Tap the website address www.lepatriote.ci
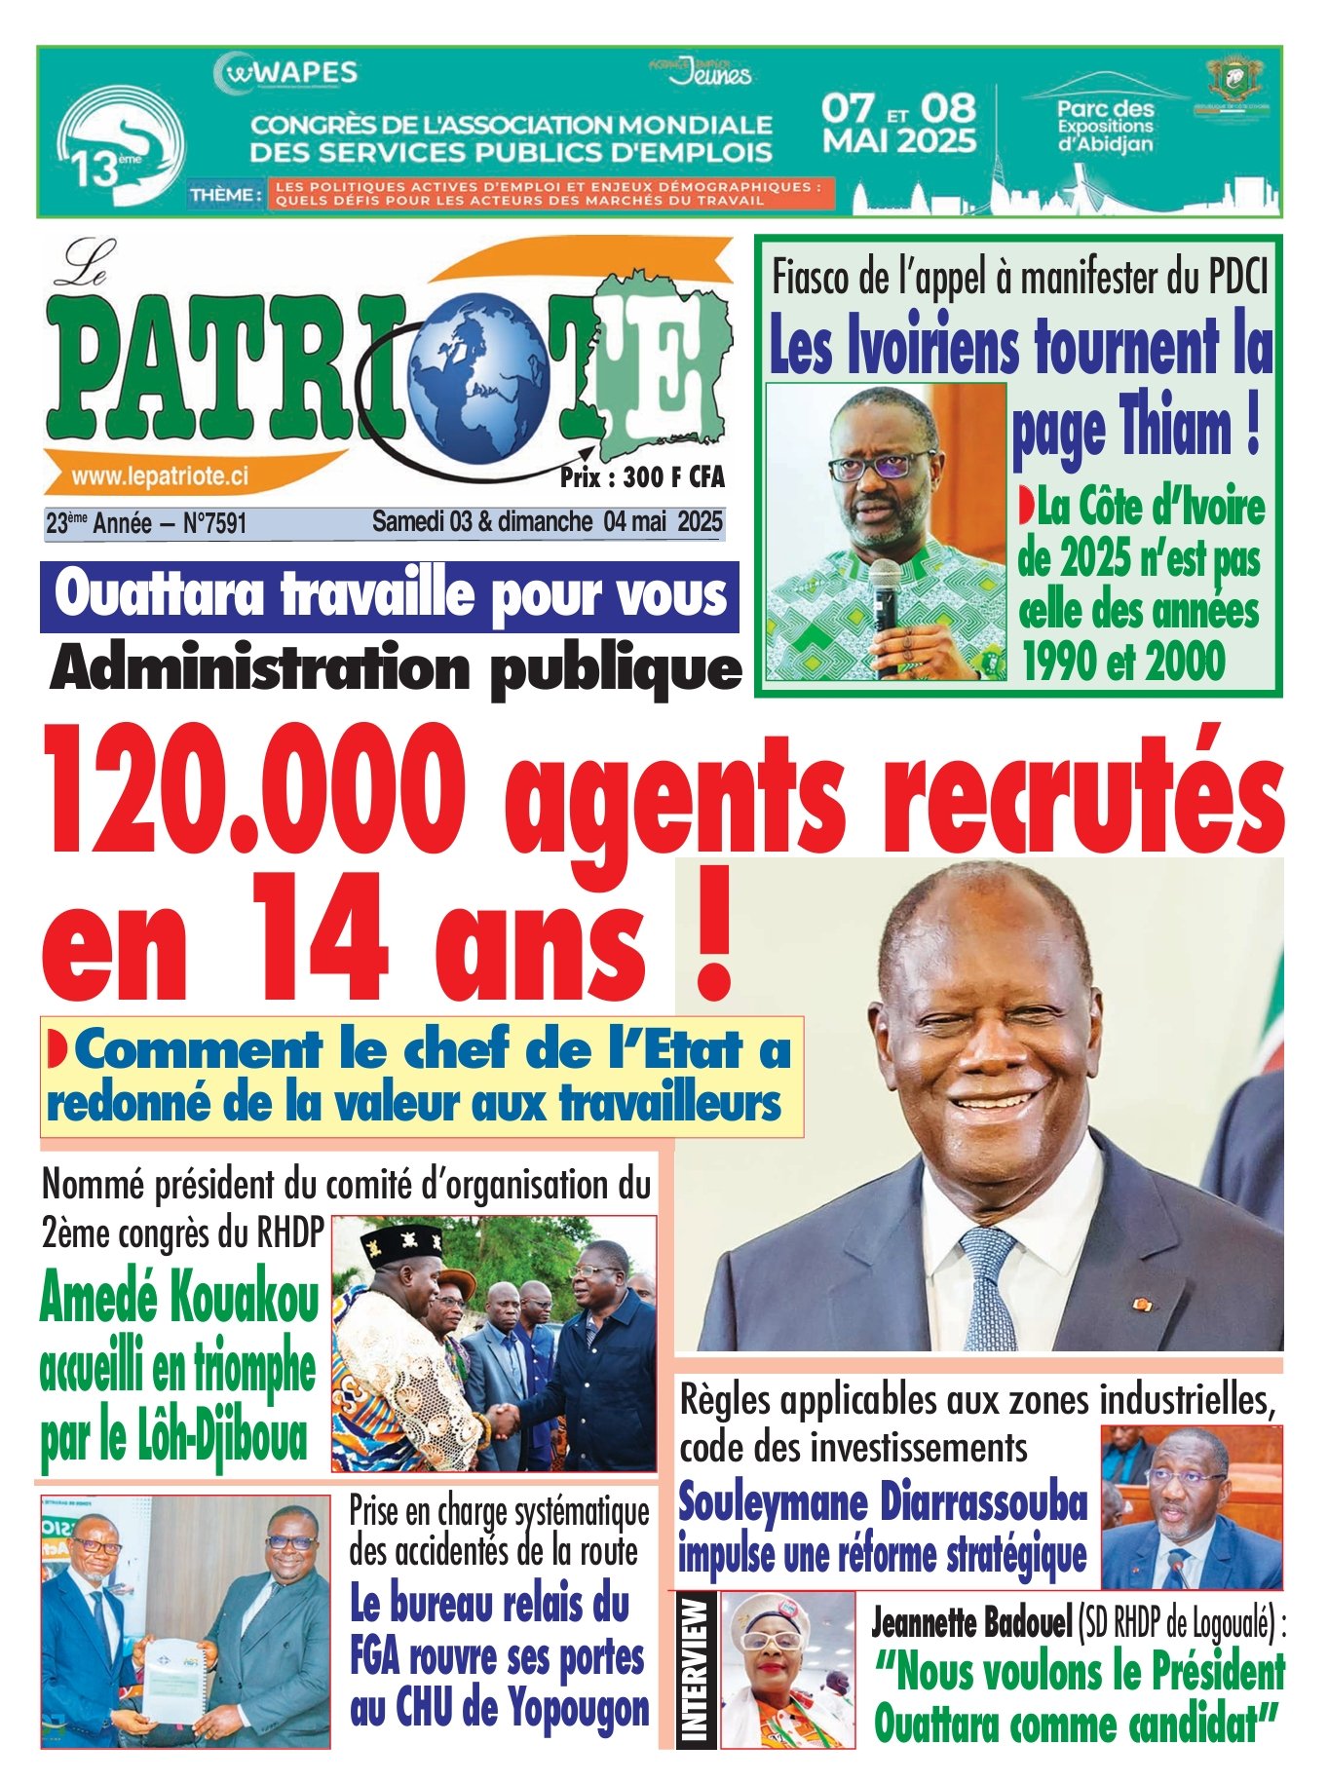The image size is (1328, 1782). pos(160,475)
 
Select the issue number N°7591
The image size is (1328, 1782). pos(214,524)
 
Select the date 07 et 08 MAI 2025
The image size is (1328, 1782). pos(898,124)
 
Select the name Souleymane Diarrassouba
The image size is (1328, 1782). pos(883,1501)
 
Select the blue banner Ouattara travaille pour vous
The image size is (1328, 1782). pos(390,596)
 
